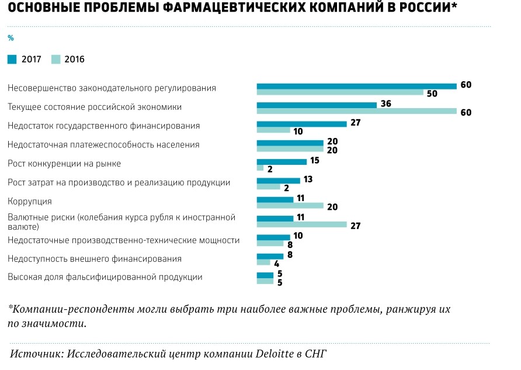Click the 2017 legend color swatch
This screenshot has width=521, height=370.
point(12,59)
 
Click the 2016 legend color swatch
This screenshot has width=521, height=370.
point(56,59)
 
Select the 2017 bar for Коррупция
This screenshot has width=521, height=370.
point(275,199)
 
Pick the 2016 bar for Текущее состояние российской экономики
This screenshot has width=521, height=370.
point(356,111)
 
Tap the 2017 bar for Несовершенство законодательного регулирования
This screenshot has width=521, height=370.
point(356,86)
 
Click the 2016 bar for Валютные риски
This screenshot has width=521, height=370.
point(302,224)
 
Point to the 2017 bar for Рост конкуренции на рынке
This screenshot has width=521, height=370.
point(282,162)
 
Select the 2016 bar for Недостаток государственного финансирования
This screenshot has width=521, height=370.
point(273,130)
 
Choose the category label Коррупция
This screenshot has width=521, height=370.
point(30,201)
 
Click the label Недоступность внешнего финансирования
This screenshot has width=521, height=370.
point(94,258)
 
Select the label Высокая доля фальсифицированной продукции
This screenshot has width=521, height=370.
point(105,277)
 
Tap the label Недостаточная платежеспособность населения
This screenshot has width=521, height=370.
point(103,144)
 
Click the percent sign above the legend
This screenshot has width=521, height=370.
point(10,38)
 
